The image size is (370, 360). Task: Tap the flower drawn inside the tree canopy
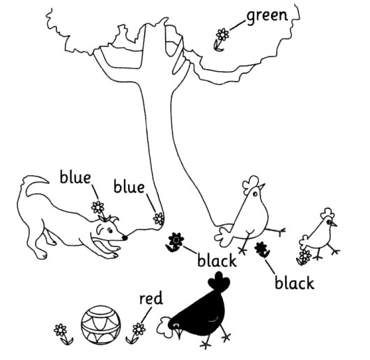[222, 39]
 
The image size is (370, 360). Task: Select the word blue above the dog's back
[75, 178]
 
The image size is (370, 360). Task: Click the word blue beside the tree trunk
[129, 187]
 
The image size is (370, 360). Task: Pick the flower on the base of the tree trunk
[159, 219]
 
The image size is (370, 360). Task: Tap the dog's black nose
[125, 237]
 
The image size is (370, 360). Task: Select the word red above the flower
[151, 299]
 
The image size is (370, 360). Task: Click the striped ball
[101, 326]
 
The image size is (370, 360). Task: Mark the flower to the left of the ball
[62, 333]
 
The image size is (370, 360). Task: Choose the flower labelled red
[137, 333]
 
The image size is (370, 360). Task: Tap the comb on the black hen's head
[219, 282]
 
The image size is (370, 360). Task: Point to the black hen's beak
[178, 333]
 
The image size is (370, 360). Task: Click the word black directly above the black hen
[217, 261]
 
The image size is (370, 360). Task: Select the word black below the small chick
[295, 283]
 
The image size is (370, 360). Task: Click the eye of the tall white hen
[255, 194]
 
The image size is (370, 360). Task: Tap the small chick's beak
[334, 224]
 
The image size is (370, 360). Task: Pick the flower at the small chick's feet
[305, 257]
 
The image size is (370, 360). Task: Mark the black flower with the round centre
[176, 241]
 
